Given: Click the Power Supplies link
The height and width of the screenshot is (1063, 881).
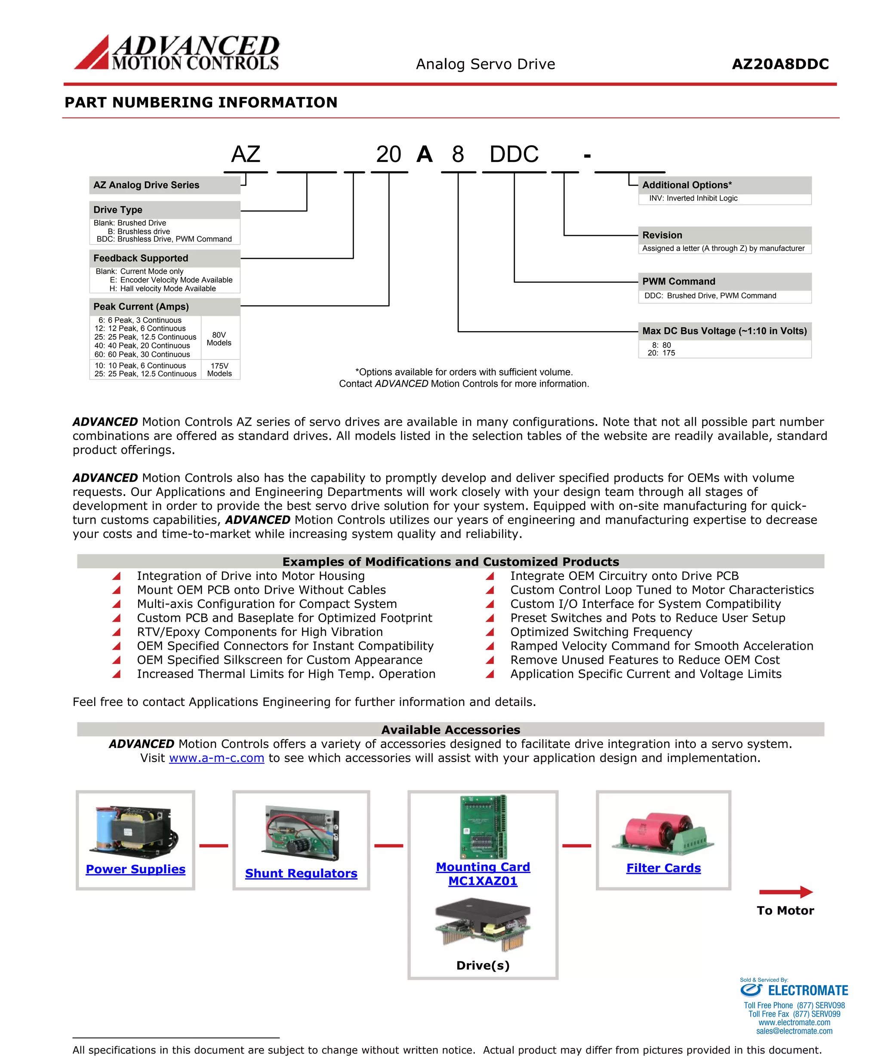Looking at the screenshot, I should [136, 869].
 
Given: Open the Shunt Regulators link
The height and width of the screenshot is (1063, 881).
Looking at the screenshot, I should [301, 873].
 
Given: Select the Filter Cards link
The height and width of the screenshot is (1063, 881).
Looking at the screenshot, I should [663, 868].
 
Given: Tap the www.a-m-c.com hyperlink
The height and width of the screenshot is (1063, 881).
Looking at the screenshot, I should [216, 758].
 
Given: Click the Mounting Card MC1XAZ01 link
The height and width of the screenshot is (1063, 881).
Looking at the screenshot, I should [483, 874].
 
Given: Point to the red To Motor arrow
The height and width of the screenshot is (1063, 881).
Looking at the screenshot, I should [786, 892].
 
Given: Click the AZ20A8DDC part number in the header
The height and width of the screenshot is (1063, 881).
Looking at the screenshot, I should [780, 64].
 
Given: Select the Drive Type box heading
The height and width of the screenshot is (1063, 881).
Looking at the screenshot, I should [118, 210].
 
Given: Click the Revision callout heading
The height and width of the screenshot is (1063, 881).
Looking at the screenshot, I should [662, 235].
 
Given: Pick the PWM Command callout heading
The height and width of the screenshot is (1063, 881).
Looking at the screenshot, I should [678, 282].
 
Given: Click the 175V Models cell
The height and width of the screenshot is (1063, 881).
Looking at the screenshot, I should [219, 369].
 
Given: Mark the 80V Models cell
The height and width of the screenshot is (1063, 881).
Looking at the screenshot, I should [219, 339].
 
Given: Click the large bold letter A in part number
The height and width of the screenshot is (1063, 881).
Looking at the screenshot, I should [424, 155].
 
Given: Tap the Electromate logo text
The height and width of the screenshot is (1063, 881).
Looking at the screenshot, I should [807, 991].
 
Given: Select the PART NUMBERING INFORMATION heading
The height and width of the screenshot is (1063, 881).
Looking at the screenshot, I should [201, 102].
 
